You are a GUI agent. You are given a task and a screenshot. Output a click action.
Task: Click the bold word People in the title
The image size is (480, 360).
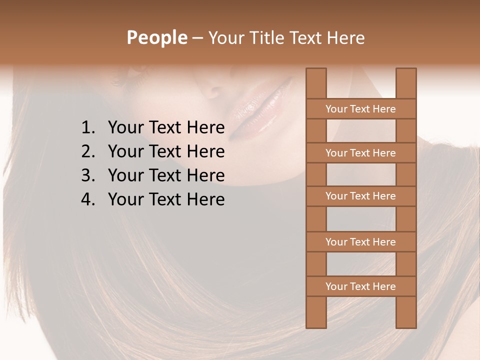(x=156, y=37)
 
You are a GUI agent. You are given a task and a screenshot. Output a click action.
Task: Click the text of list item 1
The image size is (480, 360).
(x=166, y=128)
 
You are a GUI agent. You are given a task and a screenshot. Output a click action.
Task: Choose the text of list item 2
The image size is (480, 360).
(x=166, y=151)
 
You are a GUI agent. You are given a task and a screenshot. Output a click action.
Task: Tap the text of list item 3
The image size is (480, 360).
(x=166, y=175)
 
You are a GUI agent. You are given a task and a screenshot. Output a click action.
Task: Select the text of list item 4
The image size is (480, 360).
(x=166, y=199)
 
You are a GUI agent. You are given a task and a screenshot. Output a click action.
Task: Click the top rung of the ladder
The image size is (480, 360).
(x=360, y=109)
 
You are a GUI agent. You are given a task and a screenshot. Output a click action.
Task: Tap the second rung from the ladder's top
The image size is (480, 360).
(x=360, y=153)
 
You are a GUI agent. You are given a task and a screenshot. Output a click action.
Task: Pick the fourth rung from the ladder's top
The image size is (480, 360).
(x=360, y=242)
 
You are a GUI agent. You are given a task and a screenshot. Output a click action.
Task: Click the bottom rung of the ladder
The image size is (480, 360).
(x=360, y=286)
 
